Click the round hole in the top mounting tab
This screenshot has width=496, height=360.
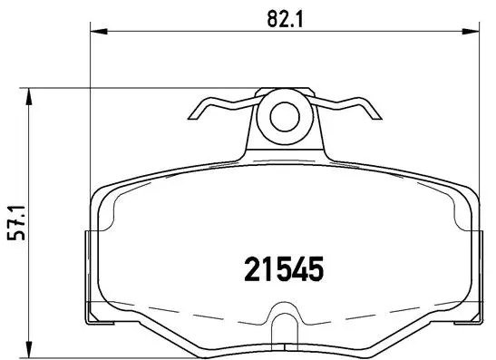click(285, 116)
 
